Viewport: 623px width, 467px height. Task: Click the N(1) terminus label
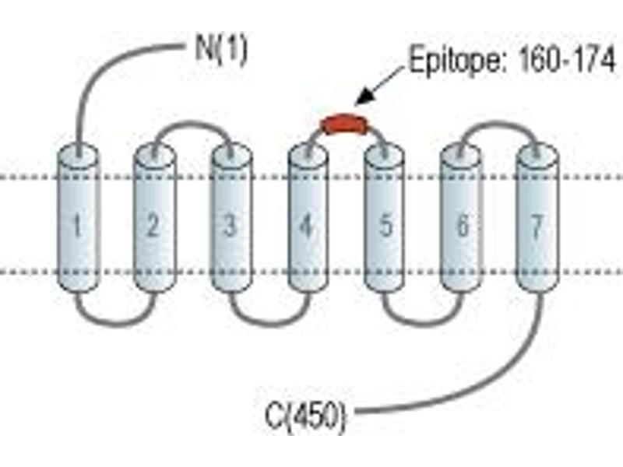[x=221, y=51]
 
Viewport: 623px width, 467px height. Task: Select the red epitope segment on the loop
[x=344, y=124]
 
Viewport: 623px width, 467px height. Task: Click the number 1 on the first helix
[x=77, y=225]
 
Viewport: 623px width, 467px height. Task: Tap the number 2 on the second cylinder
[x=153, y=225]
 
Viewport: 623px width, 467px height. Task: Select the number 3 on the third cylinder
[x=230, y=225]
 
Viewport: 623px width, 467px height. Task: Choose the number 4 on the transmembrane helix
[x=306, y=225]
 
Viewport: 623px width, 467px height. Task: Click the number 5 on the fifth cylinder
[x=385, y=225]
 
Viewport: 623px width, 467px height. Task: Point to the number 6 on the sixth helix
[x=462, y=225]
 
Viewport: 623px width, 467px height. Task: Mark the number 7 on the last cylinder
[x=537, y=226]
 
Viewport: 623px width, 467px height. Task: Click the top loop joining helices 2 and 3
[x=192, y=124]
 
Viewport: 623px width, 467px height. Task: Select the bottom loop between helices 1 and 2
[x=115, y=324]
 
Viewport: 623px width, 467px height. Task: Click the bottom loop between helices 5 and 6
[x=423, y=324]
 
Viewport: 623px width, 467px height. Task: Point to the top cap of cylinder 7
[x=537, y=155]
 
